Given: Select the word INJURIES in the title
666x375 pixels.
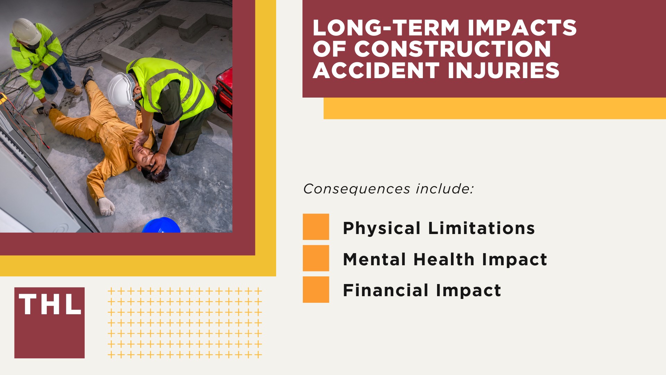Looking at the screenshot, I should click(503, 70).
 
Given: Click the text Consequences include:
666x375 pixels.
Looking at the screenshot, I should click(388, 189).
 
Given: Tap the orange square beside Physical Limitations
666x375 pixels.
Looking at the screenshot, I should click(316, 227).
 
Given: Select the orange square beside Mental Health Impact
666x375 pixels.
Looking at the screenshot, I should click(316, 258).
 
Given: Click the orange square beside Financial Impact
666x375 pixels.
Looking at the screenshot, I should click(316, 289).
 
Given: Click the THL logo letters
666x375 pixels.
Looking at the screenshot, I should click(50, 305).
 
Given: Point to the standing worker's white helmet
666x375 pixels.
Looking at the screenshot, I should click(26, 31).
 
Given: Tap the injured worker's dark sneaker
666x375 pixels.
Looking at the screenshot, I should click(88, 75).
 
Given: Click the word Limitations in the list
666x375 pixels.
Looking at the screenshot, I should click(481, 228).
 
